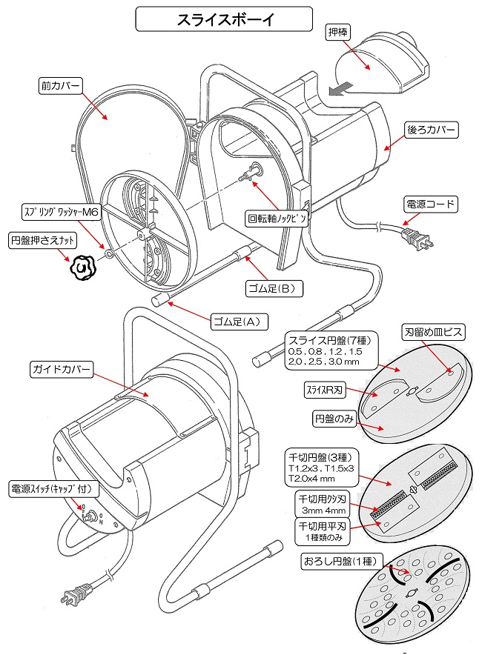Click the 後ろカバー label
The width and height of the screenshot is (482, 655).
(x=431, y=130)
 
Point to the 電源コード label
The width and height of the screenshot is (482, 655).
(x=430, y=204)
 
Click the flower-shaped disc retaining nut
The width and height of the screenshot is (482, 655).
(x=83, y=267)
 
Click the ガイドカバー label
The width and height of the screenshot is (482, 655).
(x=61, y=368)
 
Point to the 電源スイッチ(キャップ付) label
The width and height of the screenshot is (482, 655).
(x=50, y=489)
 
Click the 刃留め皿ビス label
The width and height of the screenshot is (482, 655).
(x=433, y=332)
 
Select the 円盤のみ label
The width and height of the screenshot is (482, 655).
(x=333, y=419)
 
